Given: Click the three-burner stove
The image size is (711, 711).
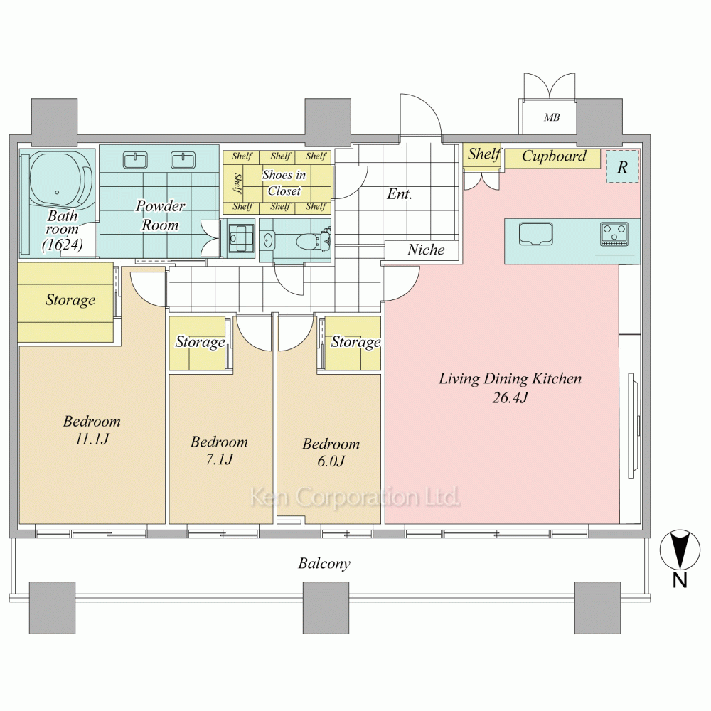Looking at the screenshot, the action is click(x=614, y=234).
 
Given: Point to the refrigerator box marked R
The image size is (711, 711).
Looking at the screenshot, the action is click(x=623, y=166).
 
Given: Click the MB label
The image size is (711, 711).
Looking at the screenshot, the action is click(x=552, y=117).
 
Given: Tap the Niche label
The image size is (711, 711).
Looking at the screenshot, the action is click(x=426, y=250).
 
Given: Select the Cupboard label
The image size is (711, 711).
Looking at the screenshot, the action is click(x=554, y=156).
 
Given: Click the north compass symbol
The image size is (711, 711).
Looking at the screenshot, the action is click(x=679, y=551).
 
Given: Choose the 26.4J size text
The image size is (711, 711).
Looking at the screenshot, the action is click(x=510, y=397).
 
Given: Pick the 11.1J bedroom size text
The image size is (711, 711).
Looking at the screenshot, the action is click(x=92, y=439).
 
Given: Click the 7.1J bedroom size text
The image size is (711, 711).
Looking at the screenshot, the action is click(x=220, y=459).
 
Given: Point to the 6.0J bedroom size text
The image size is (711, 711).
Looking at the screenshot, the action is click(x=331, y=461).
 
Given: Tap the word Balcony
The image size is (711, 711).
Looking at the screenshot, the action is click(x=324, y=564).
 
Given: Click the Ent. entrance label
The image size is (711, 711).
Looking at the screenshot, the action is click(x=400, y=194).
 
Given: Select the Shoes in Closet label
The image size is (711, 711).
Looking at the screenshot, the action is click(x=284, y=183).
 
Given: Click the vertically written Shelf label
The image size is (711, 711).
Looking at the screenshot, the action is click(x=237, y=183).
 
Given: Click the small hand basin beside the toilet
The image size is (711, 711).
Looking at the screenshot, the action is click(x=268, y=240).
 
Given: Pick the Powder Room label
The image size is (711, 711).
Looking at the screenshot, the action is click(x=160, y=215).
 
